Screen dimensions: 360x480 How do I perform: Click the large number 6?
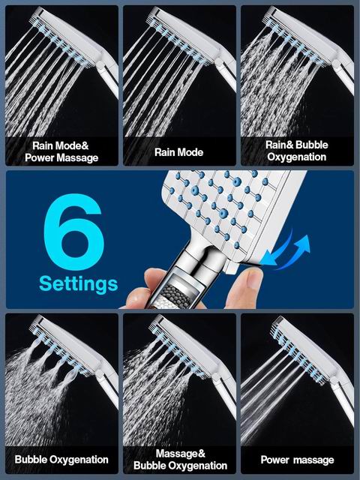coord(73,232)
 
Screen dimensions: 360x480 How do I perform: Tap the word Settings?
coord(78,284)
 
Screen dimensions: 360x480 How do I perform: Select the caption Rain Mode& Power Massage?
coord(61,151)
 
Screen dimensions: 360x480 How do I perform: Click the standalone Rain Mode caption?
coord(178,152)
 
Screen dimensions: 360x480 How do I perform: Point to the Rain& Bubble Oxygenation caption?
coord(297,151)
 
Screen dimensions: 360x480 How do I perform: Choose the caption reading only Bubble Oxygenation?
coord(61,460)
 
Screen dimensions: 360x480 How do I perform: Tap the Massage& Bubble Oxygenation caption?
coord(180,460)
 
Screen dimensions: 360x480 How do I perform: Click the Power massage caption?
coord(297,460)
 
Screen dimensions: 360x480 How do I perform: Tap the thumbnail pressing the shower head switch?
coord(245,285)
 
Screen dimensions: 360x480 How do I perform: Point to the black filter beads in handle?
coord(175,295)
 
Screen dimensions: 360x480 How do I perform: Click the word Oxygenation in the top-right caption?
coord(297,157)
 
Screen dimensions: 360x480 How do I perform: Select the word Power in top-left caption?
coord(40,157)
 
